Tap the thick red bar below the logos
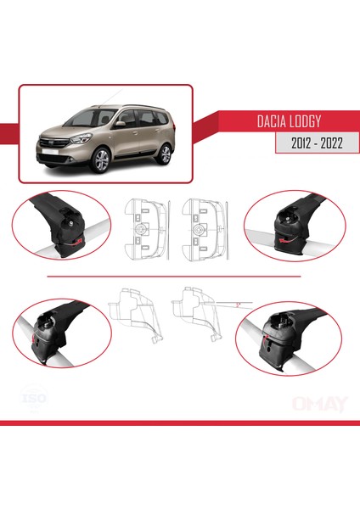click(x=180, y=422)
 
